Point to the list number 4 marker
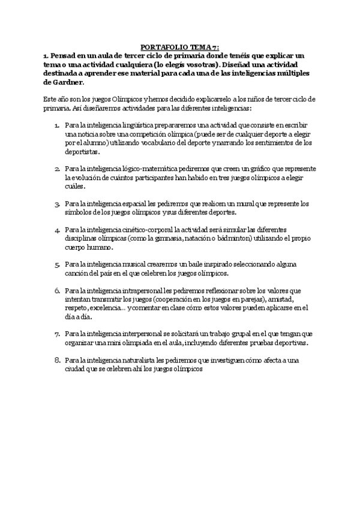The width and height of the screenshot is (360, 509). [x=57, y=230]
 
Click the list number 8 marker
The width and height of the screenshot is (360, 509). [x=57, y=360]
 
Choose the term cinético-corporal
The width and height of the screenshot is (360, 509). [x=142, y=230]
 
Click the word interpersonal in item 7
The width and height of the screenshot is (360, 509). [x=137, y=334]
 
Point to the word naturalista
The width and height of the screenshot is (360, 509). [x=134, y=360]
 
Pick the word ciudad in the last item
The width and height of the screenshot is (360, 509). [x=77, y=369]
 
